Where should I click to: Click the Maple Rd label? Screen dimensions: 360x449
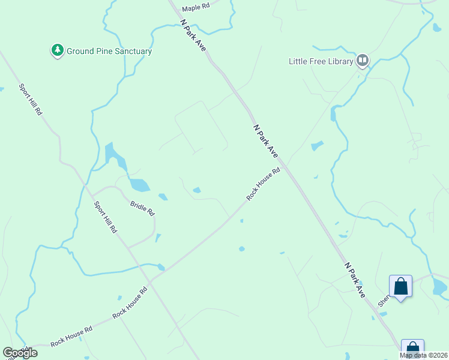196,7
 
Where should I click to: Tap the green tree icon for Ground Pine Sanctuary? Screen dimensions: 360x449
58,51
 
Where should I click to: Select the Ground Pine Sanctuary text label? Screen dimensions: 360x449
109,52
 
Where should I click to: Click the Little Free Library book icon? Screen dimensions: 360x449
363,61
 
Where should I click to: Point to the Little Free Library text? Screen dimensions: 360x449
321,61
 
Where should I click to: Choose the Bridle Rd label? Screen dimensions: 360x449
142,208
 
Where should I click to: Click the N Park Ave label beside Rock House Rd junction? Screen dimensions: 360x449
266,141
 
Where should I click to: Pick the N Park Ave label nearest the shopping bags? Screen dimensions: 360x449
355,280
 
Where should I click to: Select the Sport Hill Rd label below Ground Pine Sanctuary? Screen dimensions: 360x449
31,100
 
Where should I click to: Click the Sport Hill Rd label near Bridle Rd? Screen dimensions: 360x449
106,217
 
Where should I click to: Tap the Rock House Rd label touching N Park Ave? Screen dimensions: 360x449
264,184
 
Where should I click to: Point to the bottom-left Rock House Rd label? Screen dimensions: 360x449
71,336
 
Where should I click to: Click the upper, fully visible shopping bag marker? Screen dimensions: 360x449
400,286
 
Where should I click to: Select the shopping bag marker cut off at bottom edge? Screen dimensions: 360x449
412,349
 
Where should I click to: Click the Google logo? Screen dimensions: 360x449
20,353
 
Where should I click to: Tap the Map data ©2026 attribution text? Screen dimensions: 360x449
423,355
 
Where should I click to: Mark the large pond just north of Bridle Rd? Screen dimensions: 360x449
139,185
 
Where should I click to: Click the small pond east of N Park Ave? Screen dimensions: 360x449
317,146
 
